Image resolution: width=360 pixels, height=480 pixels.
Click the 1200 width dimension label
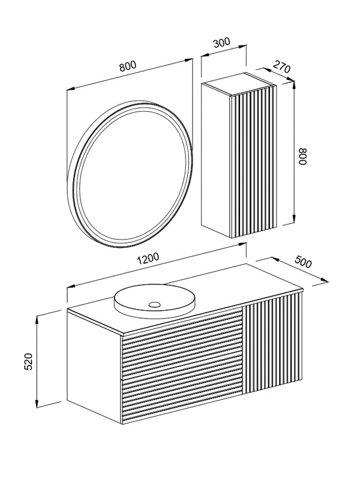click(x=148, y=258)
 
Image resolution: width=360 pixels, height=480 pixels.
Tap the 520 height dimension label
click(x=28, y=362)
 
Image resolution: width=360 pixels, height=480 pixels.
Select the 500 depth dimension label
click(x=303, y=262)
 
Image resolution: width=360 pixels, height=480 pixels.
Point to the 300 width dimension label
click(x=221, y=43)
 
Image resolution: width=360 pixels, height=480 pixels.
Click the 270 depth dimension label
click(x=281, y=67)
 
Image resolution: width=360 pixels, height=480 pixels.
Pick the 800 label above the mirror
click(x=127, y=66)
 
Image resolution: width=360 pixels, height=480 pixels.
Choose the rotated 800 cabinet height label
click(x=302, y=157)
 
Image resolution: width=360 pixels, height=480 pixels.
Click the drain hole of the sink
click(x=155, y=304)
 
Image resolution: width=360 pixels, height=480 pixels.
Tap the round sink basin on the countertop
click(x=155, y=300)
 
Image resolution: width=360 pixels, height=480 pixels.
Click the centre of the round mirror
click(x=130, y=172)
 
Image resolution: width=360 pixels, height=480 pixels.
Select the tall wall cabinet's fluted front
click(x=253, y=161)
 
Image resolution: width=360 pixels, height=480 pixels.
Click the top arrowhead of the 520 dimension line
click(x=37, y=319)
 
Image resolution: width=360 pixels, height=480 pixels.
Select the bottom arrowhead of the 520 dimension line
click(x=37, y=403)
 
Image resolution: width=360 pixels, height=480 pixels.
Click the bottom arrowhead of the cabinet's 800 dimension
click(x=294, y=219)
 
